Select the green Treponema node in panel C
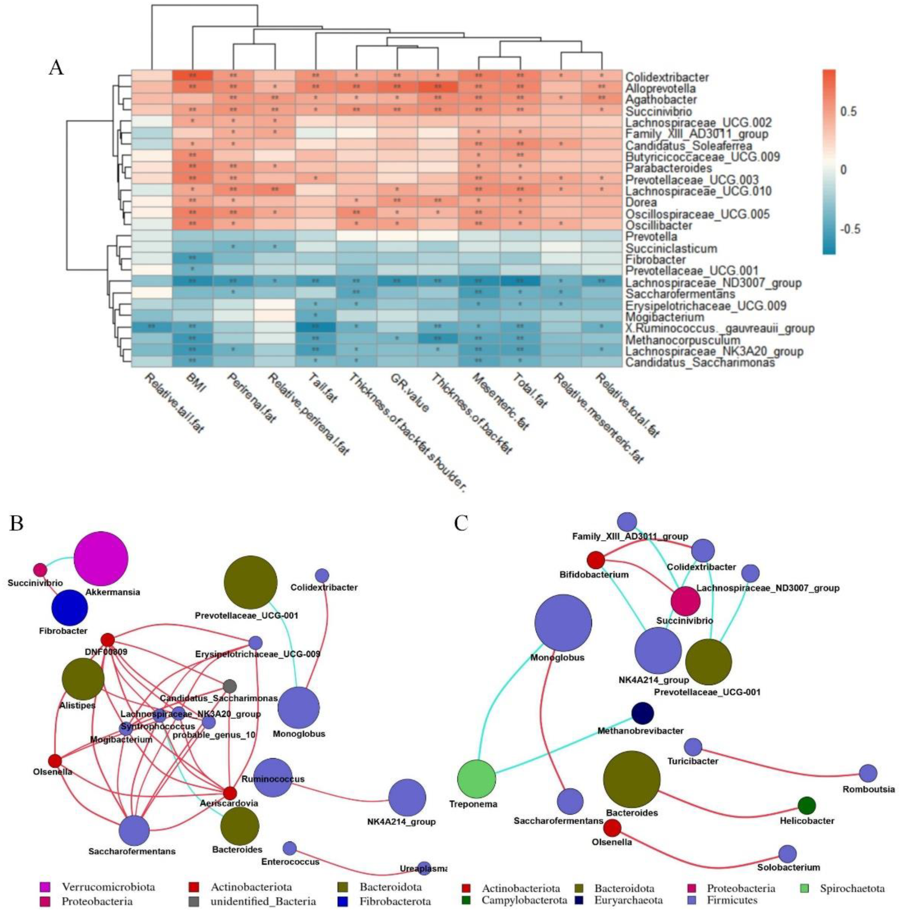[x=477, y=778]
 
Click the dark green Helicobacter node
[x=806, y=805]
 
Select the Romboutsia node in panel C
[x=867, y=773]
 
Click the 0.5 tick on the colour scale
[x=849, y=112]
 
